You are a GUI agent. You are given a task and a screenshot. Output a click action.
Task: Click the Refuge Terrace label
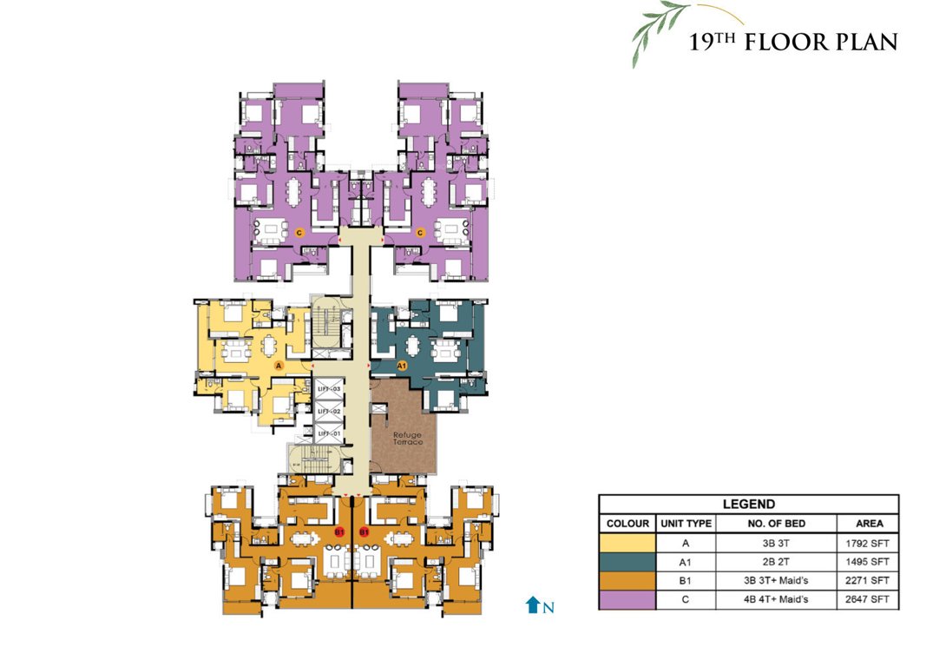[x=408, y=439]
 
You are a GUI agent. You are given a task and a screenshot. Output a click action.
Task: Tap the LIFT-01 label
[x=327, y=433]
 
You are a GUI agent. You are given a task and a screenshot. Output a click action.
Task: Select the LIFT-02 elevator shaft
[x=327, y=411]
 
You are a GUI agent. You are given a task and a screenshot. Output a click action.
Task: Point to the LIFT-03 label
[x=327, y=389]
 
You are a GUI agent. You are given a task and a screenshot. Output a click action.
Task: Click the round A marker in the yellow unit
[x=279, y=367]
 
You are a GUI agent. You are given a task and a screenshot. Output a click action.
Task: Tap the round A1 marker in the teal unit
[x=402, y=367]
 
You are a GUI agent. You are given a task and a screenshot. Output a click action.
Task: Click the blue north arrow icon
[x=532, y=605]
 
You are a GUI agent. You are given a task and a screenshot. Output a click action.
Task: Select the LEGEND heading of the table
[x=748, y=504]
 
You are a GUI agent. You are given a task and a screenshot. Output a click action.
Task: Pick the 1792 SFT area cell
[x=867, y=543]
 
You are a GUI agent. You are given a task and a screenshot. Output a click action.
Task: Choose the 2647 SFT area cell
[x=867, y=600]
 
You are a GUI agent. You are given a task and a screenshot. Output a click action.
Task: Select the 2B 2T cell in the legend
[x=776, y=562]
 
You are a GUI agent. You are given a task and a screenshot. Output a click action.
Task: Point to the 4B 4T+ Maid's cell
[x=776, y=600]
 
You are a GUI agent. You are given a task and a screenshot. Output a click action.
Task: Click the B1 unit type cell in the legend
[x=686, y=581]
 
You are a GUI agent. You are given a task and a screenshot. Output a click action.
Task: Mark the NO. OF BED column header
[x=776, y=524]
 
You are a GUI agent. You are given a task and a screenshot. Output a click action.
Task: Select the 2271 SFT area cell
[x=867, y=581]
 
